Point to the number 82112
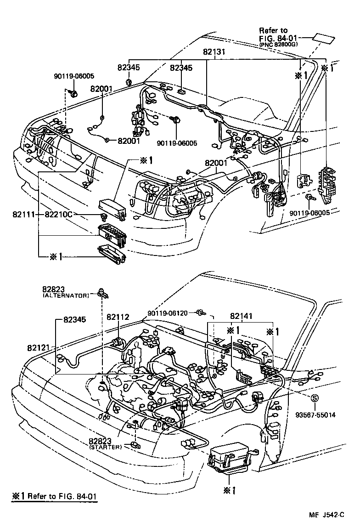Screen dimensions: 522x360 (118, 317)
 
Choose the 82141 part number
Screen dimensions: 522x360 (242, 317)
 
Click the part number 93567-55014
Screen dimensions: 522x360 (315, 415)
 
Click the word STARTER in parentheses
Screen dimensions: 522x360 (106, 446)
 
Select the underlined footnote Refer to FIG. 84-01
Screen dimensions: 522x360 (55, 496)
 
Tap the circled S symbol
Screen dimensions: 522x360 (315, 398)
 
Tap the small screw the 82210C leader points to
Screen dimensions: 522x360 (103, 216)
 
